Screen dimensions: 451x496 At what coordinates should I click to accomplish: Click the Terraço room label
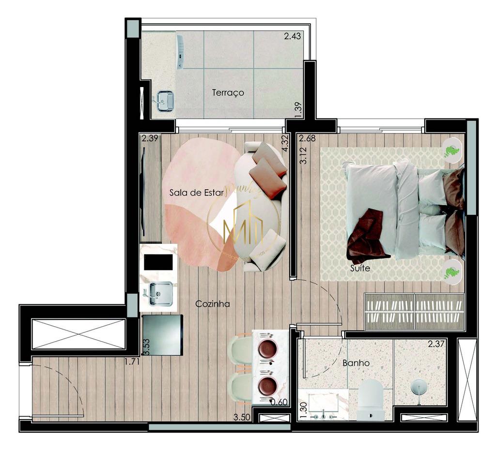click(x=228, y=92)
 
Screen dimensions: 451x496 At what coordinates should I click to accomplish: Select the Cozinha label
click(x=212, y=304)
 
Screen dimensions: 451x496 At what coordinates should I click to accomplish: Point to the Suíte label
click(x=360, y=268)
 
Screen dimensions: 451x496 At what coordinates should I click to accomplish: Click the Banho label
click(x=356, y=363)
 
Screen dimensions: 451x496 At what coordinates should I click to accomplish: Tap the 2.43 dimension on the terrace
click(x=293, y=36)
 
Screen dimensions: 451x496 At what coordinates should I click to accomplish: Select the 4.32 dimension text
click(x=286, y=144)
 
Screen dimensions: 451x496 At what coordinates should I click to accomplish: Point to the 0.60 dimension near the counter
click(x=279, y=402)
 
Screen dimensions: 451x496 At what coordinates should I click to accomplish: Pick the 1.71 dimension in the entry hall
click(x=132, y=361)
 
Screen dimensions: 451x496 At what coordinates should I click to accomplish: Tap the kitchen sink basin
click(x=160, y=293)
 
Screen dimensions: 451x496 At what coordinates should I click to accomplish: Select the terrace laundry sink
click(x=165, y=102)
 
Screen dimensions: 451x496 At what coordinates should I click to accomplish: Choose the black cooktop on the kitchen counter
click(x=158, y=262)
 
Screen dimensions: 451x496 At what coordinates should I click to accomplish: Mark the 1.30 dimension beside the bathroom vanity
click(x=304, y=411)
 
